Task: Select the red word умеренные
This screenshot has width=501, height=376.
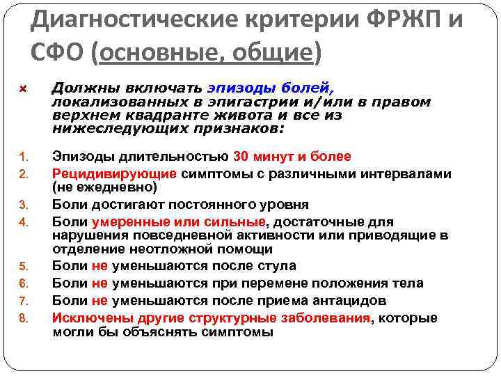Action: (125, 222)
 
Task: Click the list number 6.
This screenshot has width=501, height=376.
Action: (22, 284)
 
